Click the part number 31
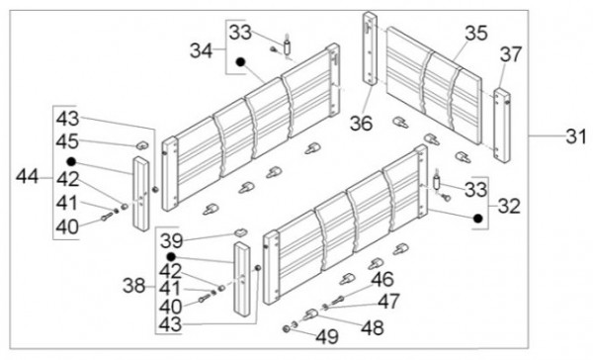[x=575, y=136]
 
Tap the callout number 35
[x=476, y=34]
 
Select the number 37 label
[x=511, y=54]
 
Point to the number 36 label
[x=361, y=123]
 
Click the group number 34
[x=202, y=50]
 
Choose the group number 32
[x=509, y=207]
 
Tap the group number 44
[x=27, y=176]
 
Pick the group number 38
[x=133, y=286]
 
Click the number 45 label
[x=67, y=141]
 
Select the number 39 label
[x=171, y=240]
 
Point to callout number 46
[x=382, y=279]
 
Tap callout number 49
[x=327, y=336]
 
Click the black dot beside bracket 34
[x=240, y=61]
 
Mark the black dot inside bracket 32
[x=478, y=218]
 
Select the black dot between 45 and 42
[x=71, y=162]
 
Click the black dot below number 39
[x=171, y=257]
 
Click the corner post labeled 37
[x=502, y=126]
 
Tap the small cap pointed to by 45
[x=142, y=144]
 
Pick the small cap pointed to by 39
[x=240, y=231]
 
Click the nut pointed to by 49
[x=287, y=328]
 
